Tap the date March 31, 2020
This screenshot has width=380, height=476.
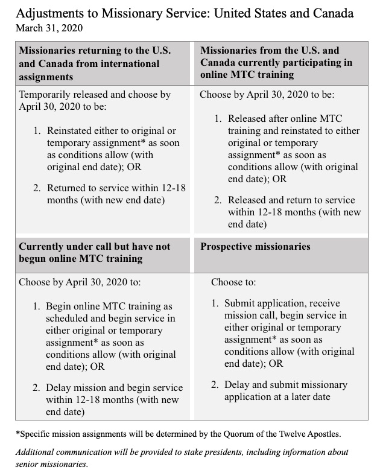click(50, 28)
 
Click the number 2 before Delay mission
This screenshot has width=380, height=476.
click(36, 387)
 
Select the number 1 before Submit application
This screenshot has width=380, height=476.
click(215, 302)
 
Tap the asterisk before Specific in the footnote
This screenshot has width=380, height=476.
click(18, 433)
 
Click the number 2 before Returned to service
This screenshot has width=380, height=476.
click(36, 188)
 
